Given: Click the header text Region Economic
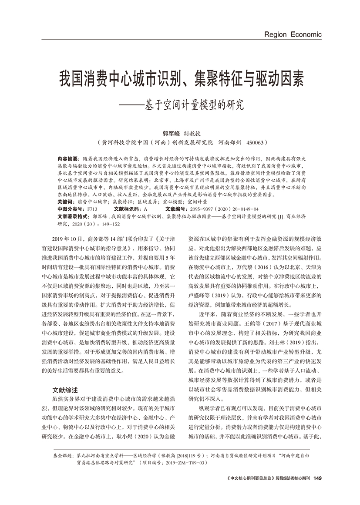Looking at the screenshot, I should [x=293, y=34].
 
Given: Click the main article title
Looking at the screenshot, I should [x=180, y=80].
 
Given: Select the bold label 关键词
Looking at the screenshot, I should [x=65, y=202].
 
